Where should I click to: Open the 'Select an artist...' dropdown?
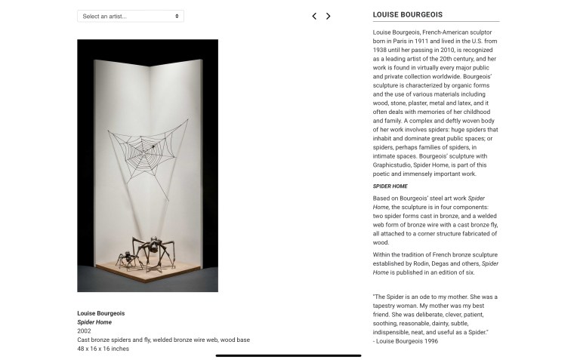coord(130,16)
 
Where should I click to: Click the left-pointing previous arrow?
coord(314,16)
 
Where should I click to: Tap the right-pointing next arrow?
coord(328,16)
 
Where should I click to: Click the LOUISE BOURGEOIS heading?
coord(408,14)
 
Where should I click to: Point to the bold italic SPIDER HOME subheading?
coord(390,186)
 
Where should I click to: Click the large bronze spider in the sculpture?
coord(153,249)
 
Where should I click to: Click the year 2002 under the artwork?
coord(84,331)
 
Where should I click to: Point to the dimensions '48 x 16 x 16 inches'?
coord(103,349)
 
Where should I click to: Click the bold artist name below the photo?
coord(101,313)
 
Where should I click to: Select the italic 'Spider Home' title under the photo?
coord(94,322)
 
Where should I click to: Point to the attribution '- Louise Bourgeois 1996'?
coord(406,341)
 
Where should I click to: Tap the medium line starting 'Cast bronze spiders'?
coord(163,340)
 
